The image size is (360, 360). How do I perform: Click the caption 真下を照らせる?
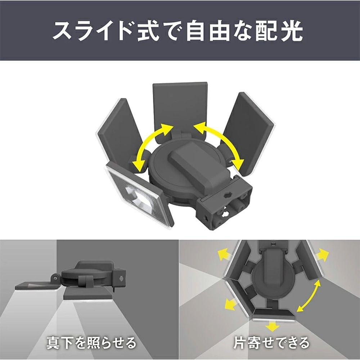click(91, 342)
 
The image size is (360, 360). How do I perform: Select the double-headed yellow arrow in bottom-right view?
click(309, 296)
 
